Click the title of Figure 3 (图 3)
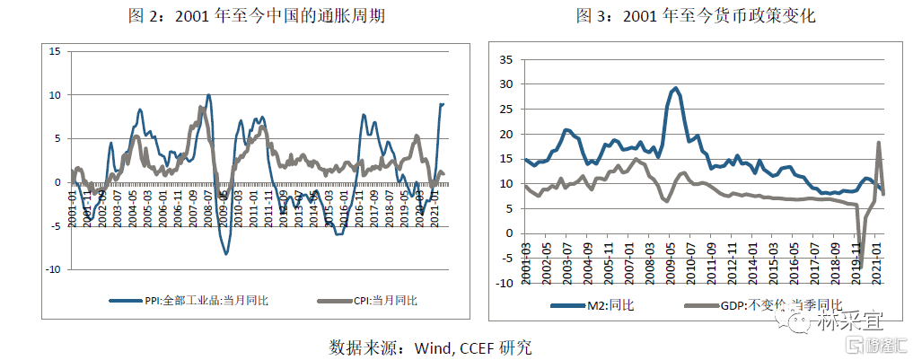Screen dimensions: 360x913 (x=698, y=15)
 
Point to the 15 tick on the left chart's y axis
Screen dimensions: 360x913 (x=54, y=51)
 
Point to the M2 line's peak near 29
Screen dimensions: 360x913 (x=675, y=88)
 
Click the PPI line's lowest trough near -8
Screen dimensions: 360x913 (x=226, y=254)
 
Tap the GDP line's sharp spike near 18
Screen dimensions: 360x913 (x=878, y=143)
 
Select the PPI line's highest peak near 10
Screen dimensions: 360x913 (x=208, y=94)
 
